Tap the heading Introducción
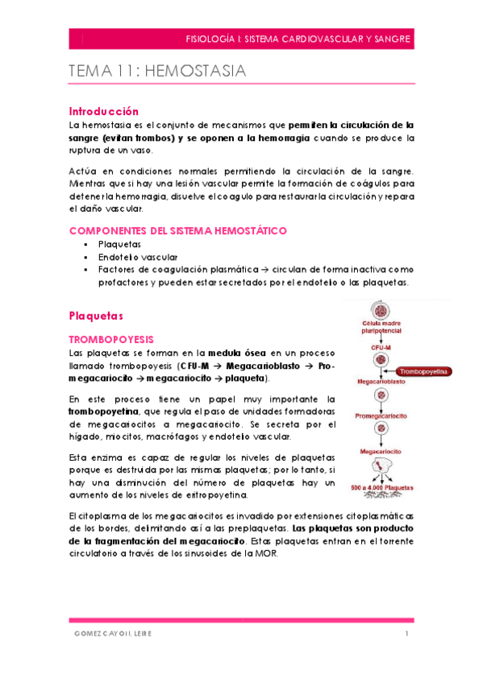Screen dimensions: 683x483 104,111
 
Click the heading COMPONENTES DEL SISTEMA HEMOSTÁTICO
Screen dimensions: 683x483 177,230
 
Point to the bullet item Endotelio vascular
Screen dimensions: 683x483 132,256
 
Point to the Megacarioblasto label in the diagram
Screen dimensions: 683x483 381,384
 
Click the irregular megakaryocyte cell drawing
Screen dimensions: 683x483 382,468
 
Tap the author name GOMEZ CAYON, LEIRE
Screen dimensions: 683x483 110,634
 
